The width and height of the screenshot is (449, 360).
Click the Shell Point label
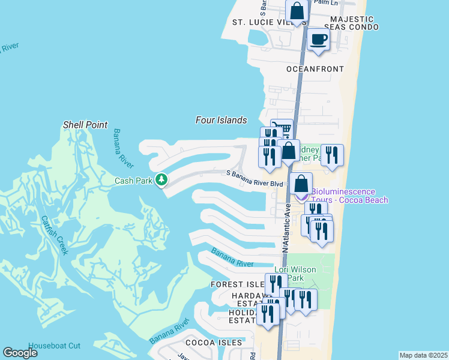click(85, 125)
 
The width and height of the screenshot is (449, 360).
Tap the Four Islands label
click(221, 120)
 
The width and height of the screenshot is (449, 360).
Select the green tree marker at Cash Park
click(161, 179)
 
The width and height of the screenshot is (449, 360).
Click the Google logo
click(20, 353)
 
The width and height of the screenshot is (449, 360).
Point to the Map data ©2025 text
click(424, 355)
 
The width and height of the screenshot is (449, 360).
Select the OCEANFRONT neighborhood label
click(315, 69)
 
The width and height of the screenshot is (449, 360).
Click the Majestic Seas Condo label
click(351, 23)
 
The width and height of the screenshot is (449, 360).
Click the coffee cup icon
click(318, 40)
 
